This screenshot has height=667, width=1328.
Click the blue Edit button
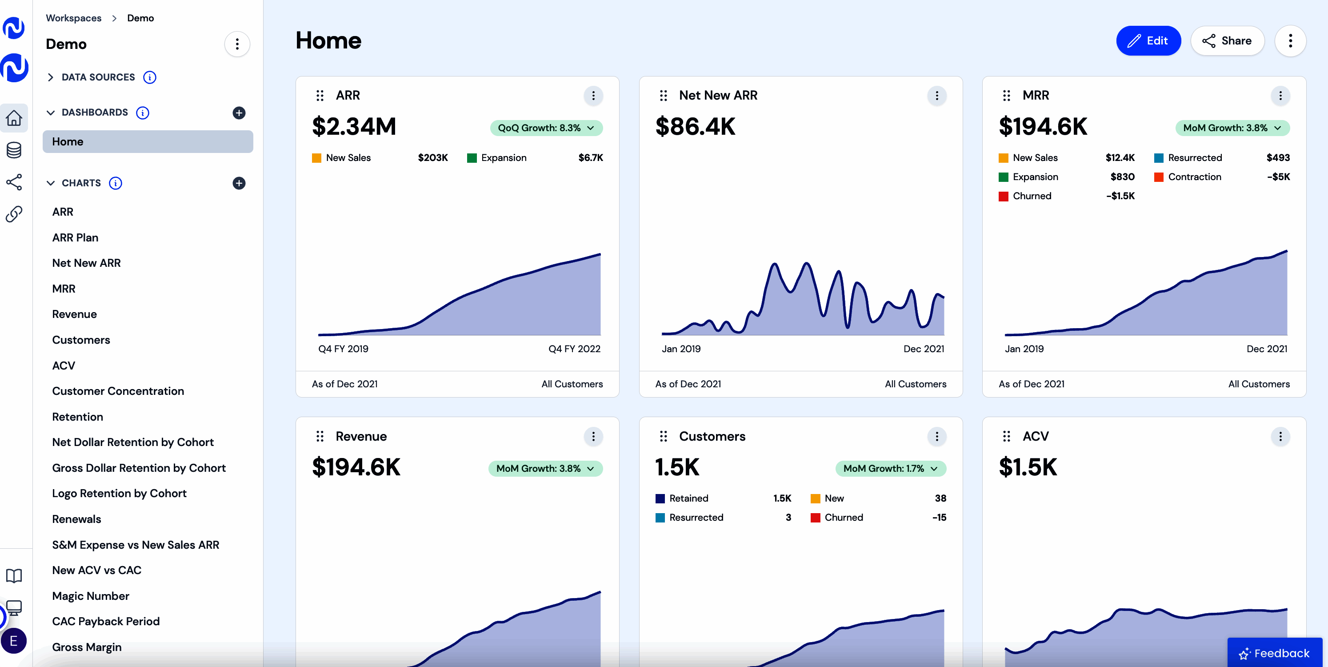click(1148, 41)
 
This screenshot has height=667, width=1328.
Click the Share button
click(1227, 41)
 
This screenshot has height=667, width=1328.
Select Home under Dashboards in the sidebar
click(148, 141)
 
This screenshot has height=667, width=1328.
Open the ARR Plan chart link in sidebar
click(75, 237)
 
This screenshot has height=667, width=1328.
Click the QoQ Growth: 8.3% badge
click(546, 128)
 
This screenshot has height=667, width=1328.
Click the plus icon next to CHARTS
click(239, 183)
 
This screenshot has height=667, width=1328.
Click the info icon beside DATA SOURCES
click(149, 77)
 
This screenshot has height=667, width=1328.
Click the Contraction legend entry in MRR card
click(1194, 177)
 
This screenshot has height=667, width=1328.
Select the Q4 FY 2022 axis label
click(574, 349)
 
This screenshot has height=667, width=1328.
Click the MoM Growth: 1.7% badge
click(890, 468)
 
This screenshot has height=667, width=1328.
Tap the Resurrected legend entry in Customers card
click(696, 518)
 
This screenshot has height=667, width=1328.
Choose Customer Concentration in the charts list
click(118, 391)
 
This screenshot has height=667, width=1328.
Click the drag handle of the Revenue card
click(320, 436)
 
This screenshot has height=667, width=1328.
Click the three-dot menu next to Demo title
click(237, 44)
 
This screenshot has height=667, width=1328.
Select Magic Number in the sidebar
click(91, 596)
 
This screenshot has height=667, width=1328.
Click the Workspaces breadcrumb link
click(74, 18)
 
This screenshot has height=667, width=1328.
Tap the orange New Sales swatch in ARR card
click(316, 158)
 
